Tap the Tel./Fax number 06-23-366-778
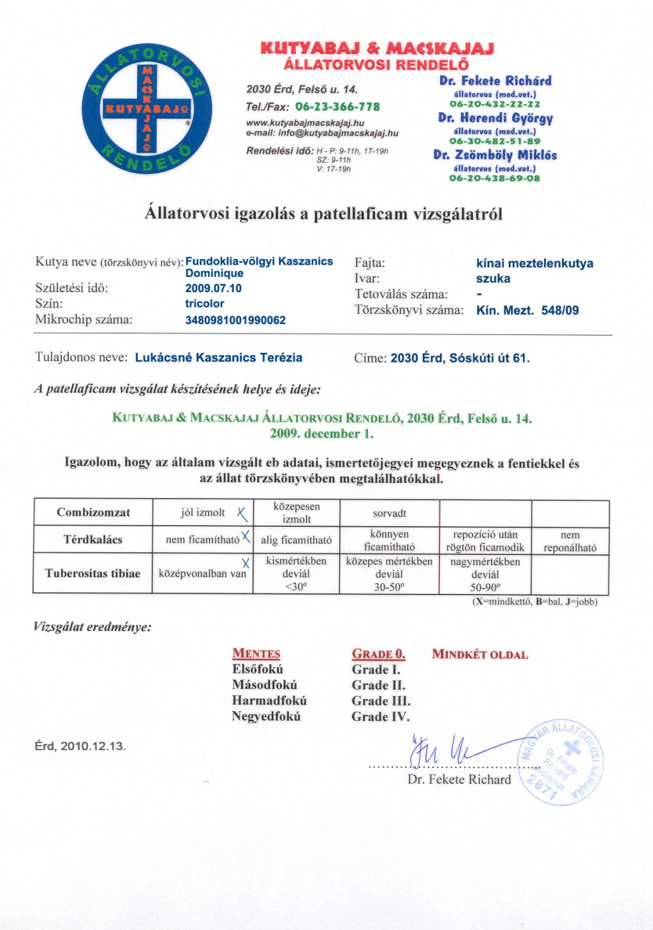(x=337, y=107)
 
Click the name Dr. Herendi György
(x=495, y=118)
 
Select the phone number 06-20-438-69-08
(x=494, y=179)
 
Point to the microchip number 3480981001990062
(x=235, y=320)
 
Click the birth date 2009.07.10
(x=213, y=288)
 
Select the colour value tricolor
(x=205, y=304)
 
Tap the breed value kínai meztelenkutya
(x=534, y=263)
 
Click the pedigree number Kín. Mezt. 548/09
(x=527, y=311)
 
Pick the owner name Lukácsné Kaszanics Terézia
(x=219, y=358)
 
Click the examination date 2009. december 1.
(x=321, y=434)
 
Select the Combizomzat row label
(x=93, y=512)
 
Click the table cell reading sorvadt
(x=389, y=513)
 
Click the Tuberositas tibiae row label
(x=92, y=573)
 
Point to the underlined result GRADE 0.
(x=378, y=654)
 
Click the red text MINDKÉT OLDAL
(x=480, y=654)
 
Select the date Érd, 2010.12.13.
(x=80, y=746)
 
